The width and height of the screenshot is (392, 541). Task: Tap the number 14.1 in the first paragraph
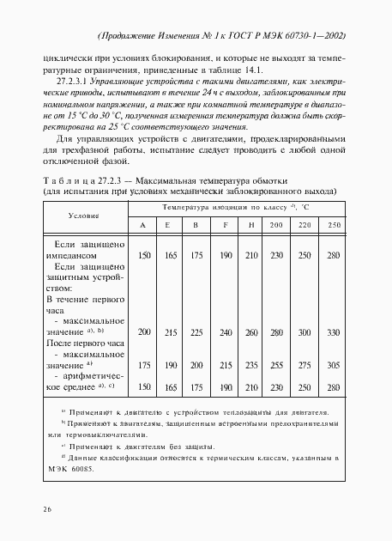coord(222,70)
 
